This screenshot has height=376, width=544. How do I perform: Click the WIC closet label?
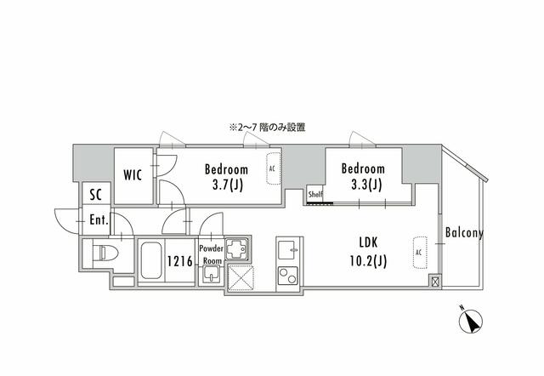point(133,175)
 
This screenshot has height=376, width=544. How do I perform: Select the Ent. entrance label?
point(99,219)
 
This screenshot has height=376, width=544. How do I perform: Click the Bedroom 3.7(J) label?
point(225,176)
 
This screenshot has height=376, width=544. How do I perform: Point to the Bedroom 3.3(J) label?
point(362,176)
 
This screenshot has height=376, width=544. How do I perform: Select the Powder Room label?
point(212,254)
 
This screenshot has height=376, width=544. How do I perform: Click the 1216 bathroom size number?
point(179,261)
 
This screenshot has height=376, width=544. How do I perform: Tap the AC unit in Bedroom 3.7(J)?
point(273,168)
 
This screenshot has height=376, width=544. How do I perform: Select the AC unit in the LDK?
point(418,253)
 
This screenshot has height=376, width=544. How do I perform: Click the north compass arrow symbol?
point(470,321)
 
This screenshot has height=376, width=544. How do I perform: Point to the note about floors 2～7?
point(266,127)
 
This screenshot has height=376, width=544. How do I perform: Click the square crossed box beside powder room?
point(241,276)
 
